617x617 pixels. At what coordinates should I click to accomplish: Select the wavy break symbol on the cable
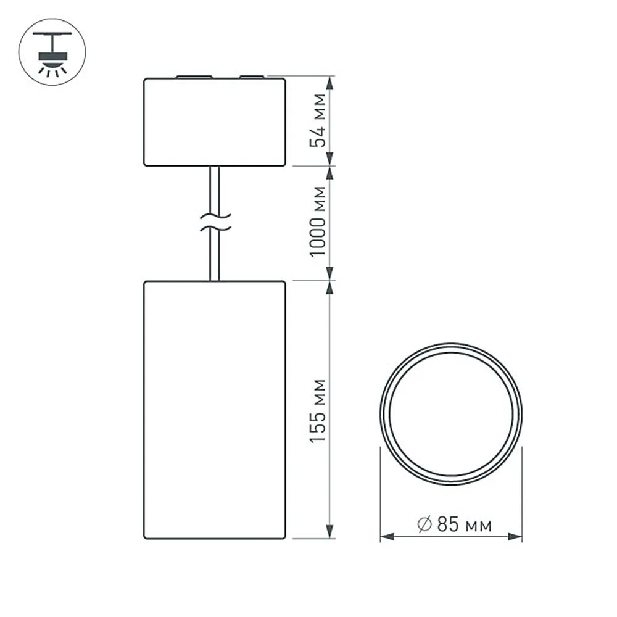tap(215, 223)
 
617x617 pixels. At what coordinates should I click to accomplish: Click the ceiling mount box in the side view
tap(215, 122)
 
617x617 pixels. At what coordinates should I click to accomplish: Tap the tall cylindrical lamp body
tap(215, 409)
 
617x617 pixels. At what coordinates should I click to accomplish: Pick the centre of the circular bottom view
tap(450, 414)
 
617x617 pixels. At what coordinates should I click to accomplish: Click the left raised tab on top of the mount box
tap(193, 77)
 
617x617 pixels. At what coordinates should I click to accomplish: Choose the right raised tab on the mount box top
tap(251, 77)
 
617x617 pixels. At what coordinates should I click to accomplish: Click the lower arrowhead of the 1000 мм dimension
tap(330, 272)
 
